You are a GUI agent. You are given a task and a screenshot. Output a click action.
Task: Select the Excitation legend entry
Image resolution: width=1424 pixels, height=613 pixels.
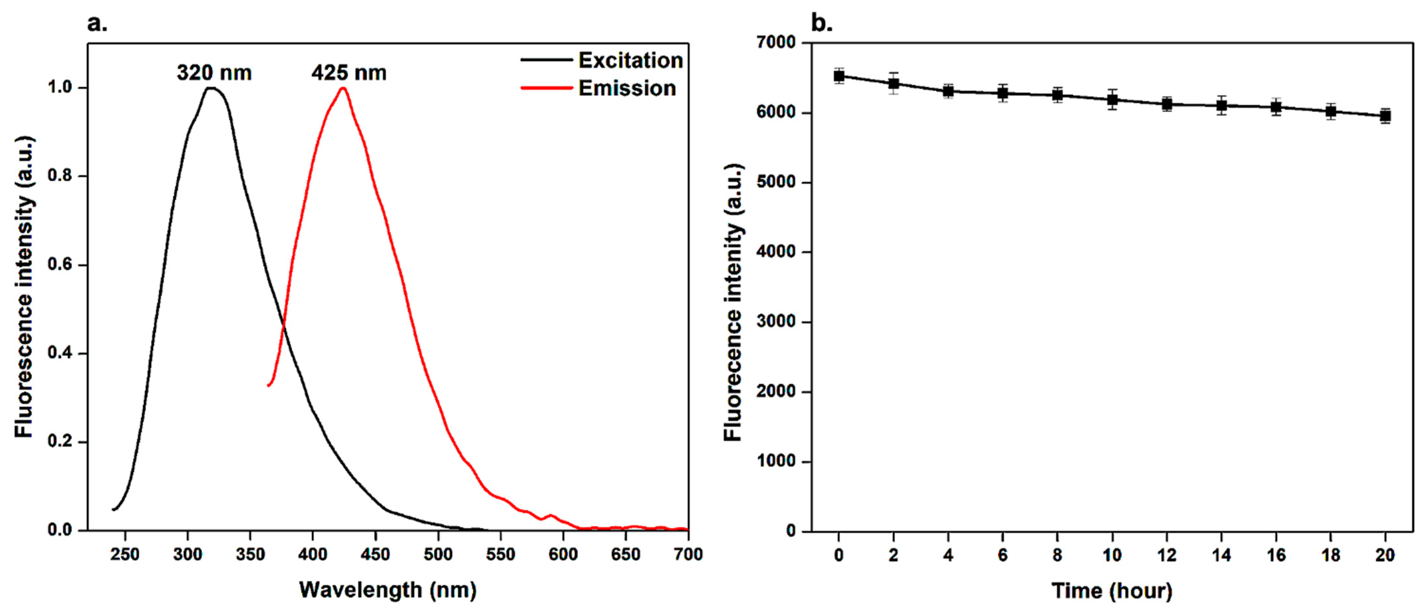point(630,60)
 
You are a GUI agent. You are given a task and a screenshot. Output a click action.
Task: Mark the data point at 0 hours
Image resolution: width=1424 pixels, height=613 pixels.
point(839,76)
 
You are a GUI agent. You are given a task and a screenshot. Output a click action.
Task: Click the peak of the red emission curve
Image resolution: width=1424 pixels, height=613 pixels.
point(343,88)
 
